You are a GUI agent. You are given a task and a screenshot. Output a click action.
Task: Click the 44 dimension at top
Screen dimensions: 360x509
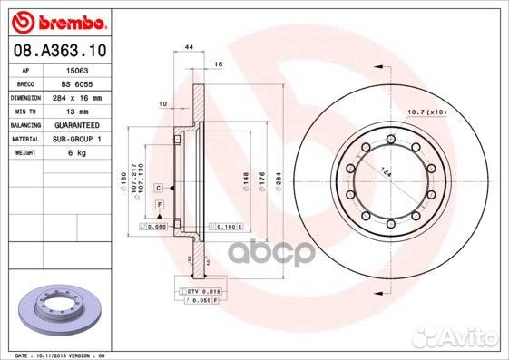coord(189,45)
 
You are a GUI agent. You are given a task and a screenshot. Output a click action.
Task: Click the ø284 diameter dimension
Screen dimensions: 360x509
coord(278,181)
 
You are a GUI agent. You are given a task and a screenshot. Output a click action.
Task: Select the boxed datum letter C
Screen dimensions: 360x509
coord(159,187)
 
